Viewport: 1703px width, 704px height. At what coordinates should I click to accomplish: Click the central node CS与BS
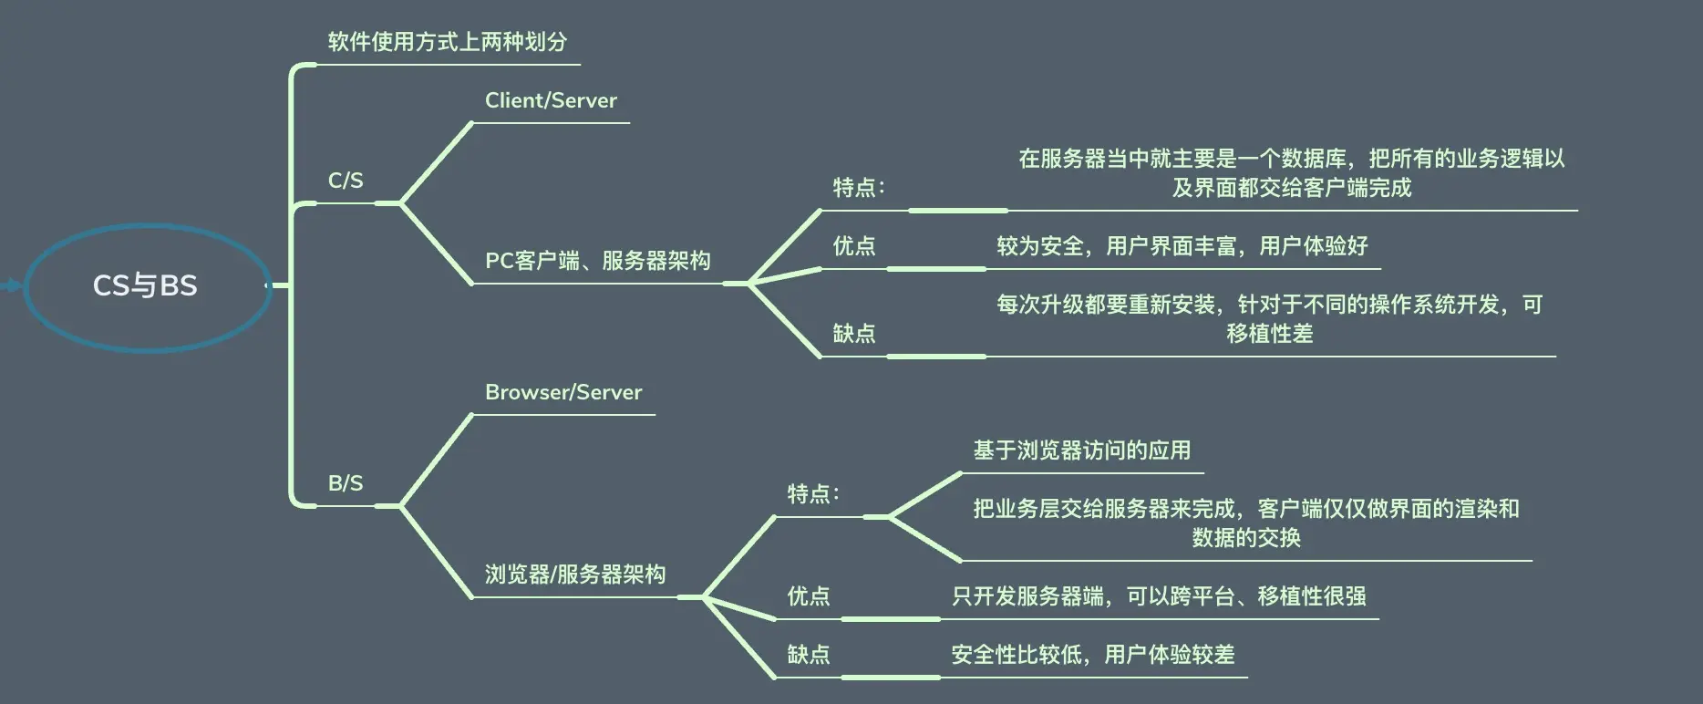[x=145, y=285]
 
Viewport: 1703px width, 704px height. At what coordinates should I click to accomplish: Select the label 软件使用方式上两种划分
[x=447, y=42]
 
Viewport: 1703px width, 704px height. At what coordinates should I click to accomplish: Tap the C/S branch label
[x=346, y=181]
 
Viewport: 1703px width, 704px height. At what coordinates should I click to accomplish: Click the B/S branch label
[x=346, y=483]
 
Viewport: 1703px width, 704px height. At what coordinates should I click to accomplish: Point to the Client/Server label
[x=551, y=100]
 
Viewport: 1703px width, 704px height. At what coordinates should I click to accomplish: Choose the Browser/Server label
[x=563, y=392]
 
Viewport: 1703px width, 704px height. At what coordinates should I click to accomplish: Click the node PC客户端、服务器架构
[x=597, y=261]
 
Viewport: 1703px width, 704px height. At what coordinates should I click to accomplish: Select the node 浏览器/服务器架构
[x=575, y=575]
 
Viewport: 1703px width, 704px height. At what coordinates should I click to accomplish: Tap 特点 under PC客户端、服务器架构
[x=858, y=188]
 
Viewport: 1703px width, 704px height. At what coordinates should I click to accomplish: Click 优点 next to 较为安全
[x=854, y=246]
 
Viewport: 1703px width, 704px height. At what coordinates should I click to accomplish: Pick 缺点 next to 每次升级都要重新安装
[x=854, y=334]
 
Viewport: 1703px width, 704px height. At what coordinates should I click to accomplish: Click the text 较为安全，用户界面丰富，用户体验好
[x=1182, y=246]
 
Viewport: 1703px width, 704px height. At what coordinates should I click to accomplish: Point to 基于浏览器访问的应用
[x=1081, y=450]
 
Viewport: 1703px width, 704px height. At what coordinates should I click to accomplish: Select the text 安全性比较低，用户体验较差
[x=1092, y=655]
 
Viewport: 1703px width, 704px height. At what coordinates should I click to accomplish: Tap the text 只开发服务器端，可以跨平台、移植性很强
[x=1159, y=596]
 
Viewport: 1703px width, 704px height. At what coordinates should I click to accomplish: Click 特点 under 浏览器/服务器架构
[x=812, y=494]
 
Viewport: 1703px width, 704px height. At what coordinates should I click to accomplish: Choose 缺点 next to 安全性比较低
[x=809, y=655]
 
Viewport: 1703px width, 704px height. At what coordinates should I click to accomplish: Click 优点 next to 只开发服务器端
[x=809, y=596]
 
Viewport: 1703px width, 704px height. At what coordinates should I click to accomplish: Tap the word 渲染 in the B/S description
[x=1453, y=509]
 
